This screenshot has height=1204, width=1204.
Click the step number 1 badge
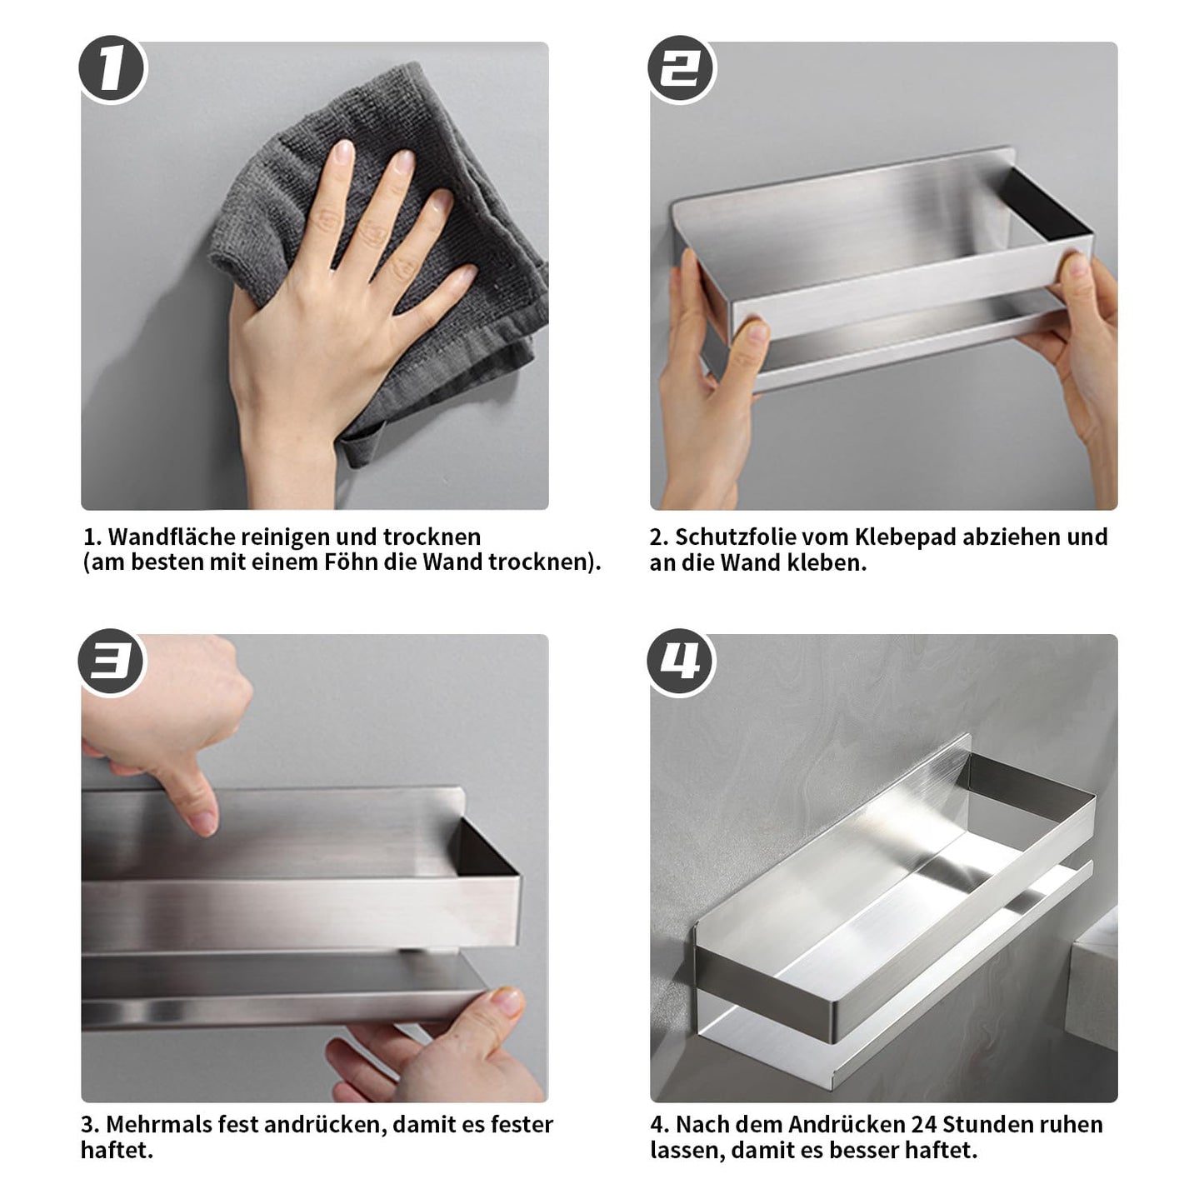tap(112, 68)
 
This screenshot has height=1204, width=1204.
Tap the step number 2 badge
tap(681, 68)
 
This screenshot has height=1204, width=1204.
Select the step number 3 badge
tap(111, 661)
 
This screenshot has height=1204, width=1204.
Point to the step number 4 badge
tap(681, 661)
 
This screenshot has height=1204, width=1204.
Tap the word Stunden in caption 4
tap(987, 1125)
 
